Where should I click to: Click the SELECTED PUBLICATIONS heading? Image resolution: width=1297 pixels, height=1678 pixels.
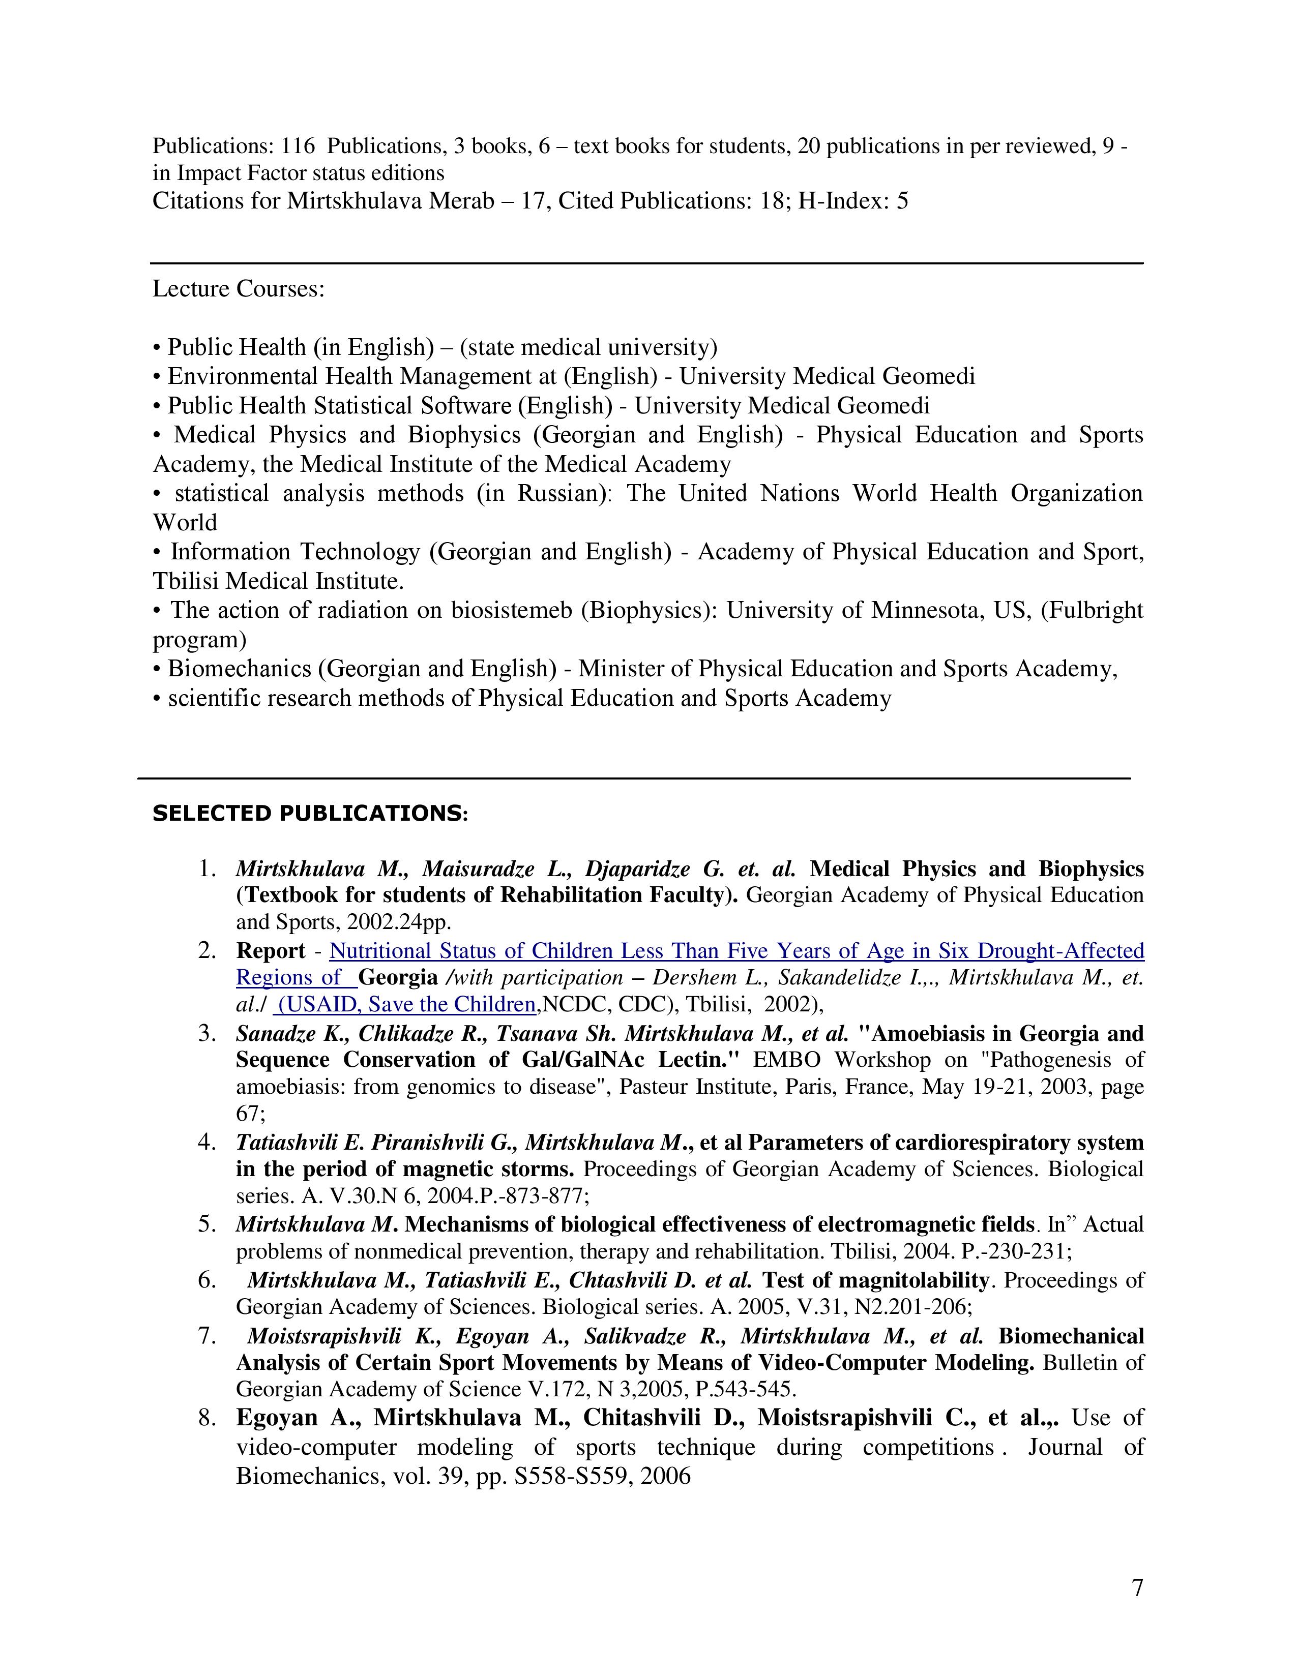[310, 813]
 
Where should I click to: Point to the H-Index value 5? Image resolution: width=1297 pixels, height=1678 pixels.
[902, 201]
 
